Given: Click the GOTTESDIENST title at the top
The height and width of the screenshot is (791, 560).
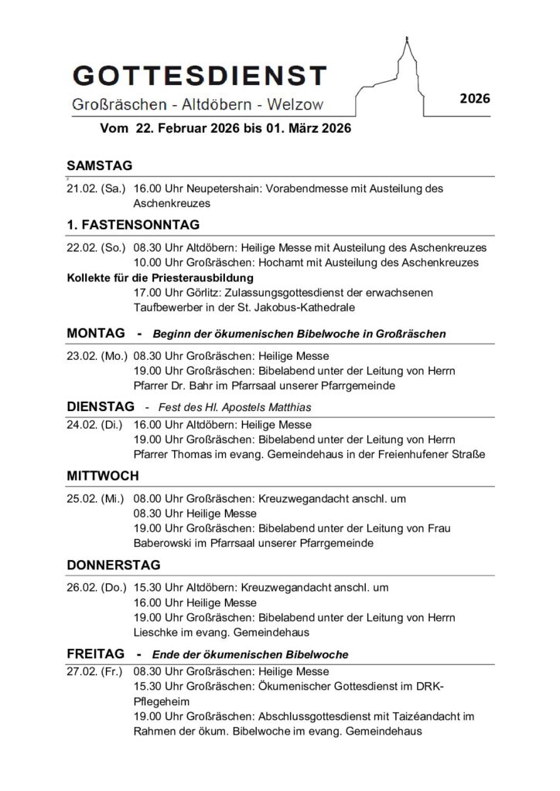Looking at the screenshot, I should click(x=198, y=76).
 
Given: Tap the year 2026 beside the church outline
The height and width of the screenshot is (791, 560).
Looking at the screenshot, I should click(x=474, y=98).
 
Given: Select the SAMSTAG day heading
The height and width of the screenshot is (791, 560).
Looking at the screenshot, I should click(x=100, y=165).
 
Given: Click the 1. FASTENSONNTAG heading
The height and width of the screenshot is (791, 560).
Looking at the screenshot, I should click(x=133, y=225).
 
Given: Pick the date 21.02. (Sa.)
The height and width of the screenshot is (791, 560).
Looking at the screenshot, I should click(x=96, y=188).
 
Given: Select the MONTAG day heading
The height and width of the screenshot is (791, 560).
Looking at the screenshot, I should click(x=96, y=333).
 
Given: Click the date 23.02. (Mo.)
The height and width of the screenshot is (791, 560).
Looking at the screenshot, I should click(x=97, y=356).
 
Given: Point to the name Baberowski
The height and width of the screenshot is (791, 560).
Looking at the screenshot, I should click(x=167, y=543).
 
